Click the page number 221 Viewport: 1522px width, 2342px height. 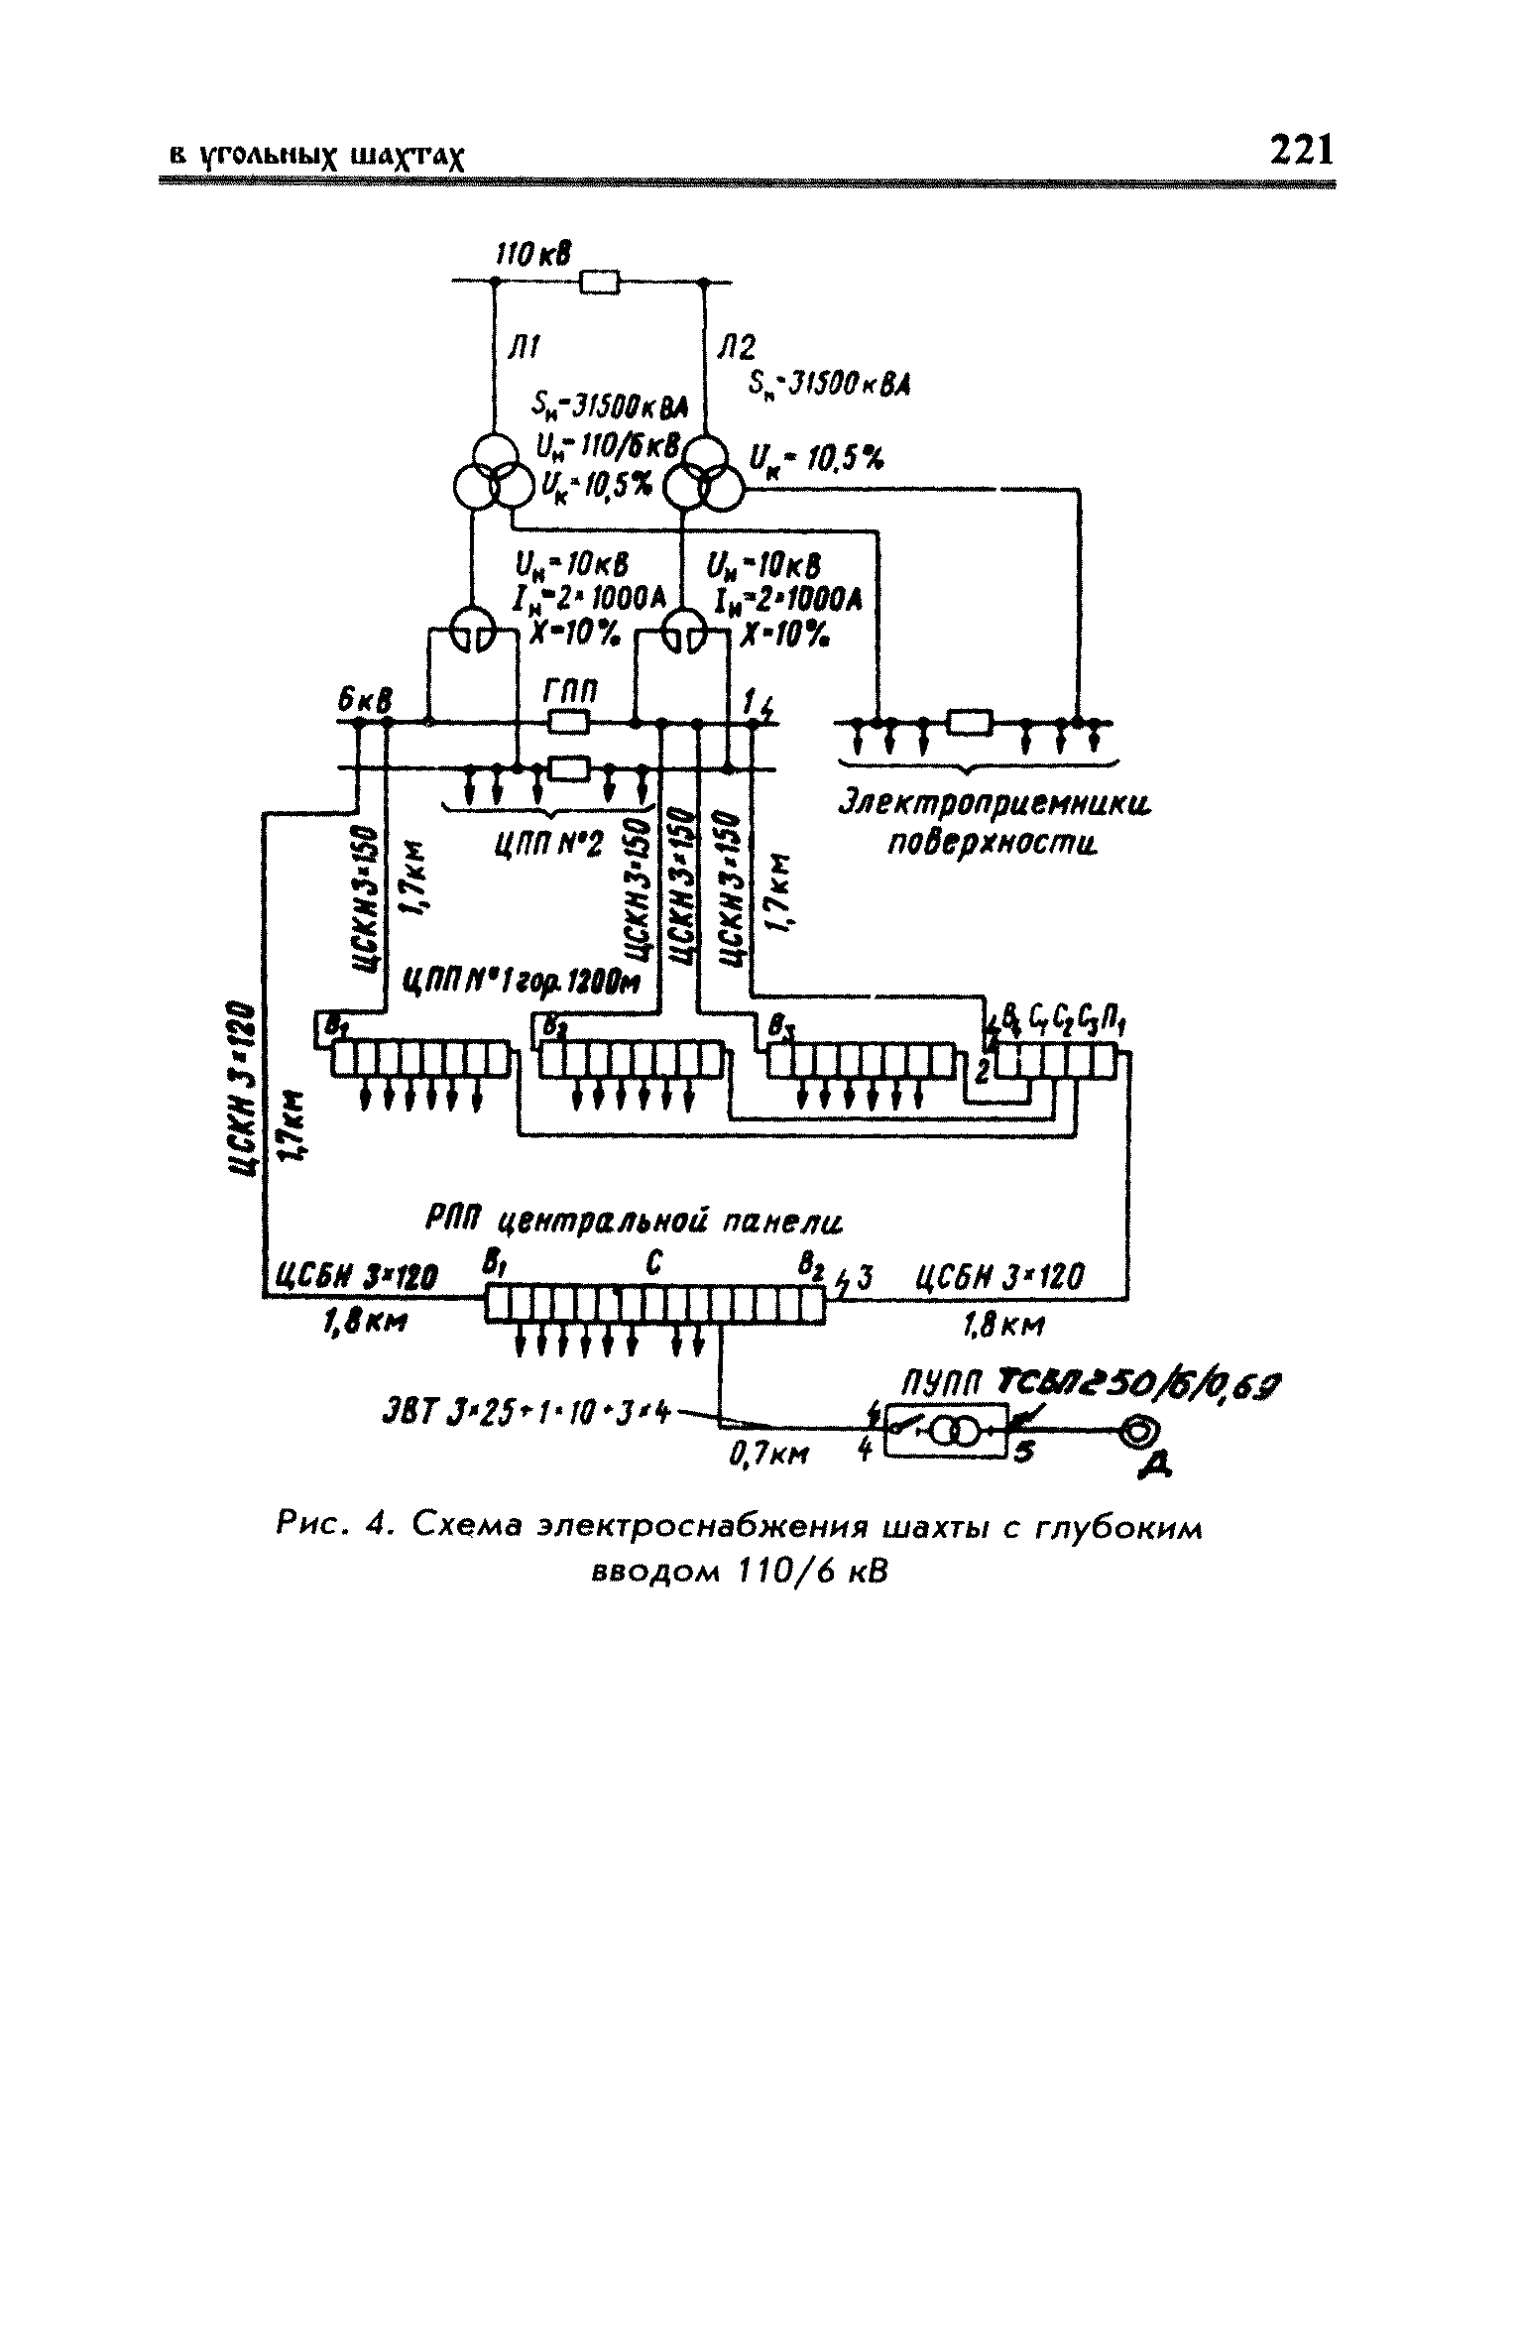click(1302, 151)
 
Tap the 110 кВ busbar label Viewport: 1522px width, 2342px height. click(533, 256)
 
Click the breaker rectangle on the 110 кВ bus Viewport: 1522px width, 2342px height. click(600, 284)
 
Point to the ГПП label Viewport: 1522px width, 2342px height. click(569, 690)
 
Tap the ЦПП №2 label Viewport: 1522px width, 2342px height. click(548, 846)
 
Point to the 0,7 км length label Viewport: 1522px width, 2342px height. click(761, 1454)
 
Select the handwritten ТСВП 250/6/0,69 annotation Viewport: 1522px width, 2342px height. click(1136, 1383)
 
